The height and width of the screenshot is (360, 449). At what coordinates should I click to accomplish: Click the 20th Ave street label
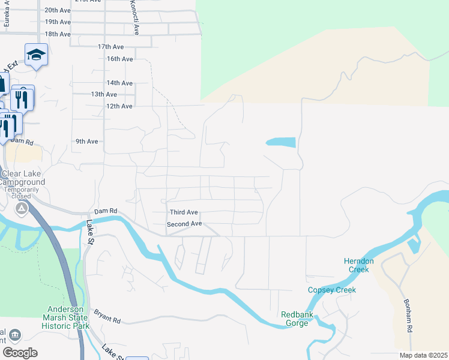[x=58, y=10]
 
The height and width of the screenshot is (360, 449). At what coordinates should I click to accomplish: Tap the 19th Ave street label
[x=58, y=22]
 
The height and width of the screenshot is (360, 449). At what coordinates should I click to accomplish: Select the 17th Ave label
[x=110, y=47]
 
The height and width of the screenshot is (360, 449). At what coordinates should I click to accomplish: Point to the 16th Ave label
[x=119, y=59]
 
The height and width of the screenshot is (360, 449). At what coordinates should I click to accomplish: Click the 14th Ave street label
[x=119, y=83]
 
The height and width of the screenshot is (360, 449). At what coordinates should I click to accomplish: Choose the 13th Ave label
[x=104, y=94]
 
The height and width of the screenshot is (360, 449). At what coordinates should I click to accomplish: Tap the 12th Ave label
[x=119, y=106]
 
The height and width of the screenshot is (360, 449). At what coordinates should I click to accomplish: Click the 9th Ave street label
[x=86, y=142]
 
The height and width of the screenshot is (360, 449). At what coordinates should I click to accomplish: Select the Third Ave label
[x=184, y=212]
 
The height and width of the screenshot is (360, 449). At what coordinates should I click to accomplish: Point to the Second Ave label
[x=184, y=224]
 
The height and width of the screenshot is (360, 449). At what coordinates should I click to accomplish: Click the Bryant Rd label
[x=107, y=317]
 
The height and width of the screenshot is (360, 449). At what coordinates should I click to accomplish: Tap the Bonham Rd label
[x=408, y=316]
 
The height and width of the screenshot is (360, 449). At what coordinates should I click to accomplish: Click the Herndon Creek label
[x=359, y=265]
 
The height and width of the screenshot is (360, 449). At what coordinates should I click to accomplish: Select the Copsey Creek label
[x=332, y=290]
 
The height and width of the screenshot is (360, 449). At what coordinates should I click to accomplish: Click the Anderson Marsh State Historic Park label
[x=65, y=318]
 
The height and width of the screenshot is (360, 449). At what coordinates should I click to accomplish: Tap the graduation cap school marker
[x=36, y=55]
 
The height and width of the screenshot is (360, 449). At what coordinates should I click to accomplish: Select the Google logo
[x=20, y=353]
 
